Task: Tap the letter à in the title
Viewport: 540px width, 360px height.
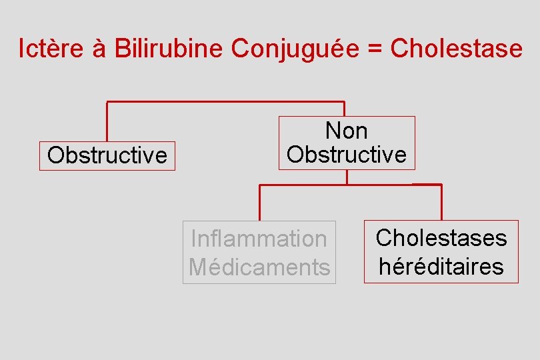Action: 98,49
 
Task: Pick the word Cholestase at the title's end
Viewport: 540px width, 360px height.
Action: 456,49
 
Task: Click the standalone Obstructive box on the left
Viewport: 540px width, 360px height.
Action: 107,156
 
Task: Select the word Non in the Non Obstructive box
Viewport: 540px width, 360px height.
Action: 346,131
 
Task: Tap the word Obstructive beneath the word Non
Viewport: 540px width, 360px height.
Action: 346,155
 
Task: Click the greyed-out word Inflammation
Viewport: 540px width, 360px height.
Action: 259,239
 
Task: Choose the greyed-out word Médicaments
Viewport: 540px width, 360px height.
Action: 259,267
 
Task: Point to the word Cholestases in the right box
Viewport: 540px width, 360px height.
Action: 441,238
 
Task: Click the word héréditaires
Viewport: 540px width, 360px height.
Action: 441,267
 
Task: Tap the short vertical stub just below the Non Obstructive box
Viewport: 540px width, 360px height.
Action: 347,177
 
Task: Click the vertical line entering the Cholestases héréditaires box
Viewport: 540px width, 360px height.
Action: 441,202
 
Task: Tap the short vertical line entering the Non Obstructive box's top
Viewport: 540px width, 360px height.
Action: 344,109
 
